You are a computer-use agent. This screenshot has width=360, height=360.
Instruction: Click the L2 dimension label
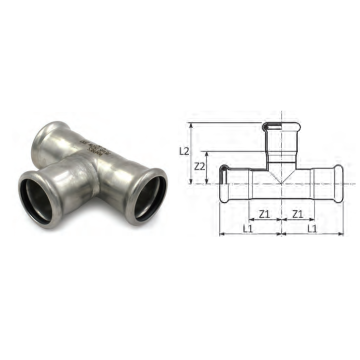click(x=184, y=151)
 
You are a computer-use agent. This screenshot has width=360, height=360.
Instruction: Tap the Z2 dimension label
click(x=200, y=166)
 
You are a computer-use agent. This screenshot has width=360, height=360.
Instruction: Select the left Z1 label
click(x=264, y=214)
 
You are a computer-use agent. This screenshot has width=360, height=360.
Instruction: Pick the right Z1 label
click(x=298, y=214)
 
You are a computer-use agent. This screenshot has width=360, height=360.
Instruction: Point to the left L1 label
click(x=247, y=228)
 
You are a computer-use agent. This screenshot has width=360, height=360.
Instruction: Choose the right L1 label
click(x=312, y=228)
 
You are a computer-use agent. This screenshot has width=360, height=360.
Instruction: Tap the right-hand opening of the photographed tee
click(x=147, y=196)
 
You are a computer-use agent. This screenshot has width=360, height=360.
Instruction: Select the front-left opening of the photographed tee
click(x=39, y=199)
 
